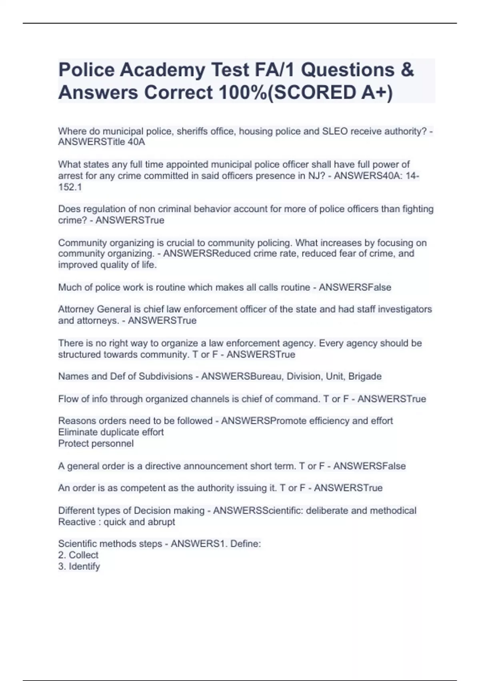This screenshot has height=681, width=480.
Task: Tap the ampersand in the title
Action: [406, 70]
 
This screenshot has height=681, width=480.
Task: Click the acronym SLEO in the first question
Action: [335, 131]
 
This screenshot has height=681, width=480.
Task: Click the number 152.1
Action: [70, 187]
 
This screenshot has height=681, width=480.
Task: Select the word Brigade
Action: [365, 377]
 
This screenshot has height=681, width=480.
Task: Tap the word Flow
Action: [68, 399]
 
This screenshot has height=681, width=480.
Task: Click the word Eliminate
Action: [78, 432]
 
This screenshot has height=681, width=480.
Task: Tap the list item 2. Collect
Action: [78, 555]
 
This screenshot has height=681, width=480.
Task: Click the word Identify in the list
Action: [84, 566]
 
